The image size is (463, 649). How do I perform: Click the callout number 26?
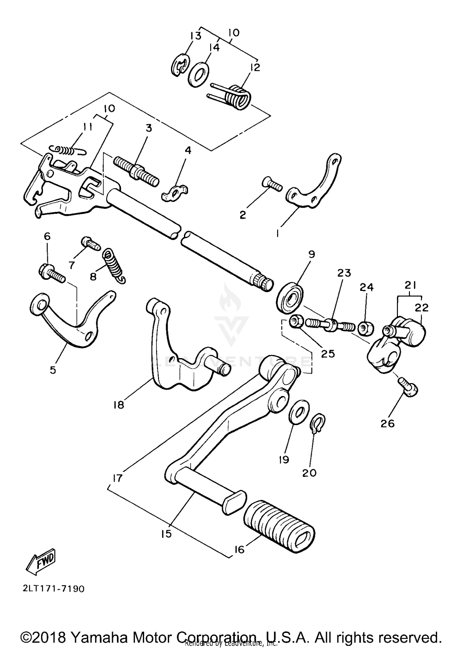pos(388,424)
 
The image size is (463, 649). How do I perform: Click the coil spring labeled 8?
pos(114,265)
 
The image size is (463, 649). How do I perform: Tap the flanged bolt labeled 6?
pos(51,273)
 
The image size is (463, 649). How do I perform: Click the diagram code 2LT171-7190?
pos(53,597)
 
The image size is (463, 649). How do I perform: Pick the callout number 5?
pos(53,370)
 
